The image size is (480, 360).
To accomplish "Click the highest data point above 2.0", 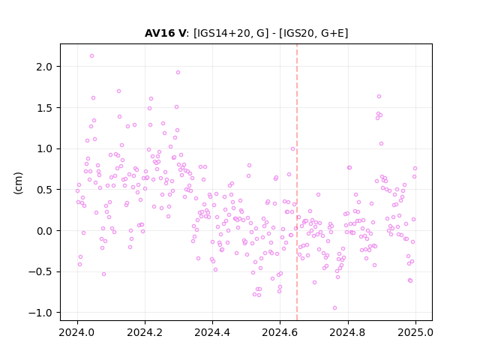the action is (91, 56).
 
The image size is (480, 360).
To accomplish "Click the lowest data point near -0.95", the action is (335, 308).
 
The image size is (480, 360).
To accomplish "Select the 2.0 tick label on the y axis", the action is (44, 67).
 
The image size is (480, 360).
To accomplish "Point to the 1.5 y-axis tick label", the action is (44, 108).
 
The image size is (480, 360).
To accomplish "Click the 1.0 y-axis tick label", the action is (44, 149).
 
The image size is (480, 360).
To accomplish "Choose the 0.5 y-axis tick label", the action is (44, 190).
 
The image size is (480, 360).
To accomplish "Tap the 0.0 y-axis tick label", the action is (44, 231).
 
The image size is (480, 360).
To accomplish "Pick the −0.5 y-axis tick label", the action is (40, 272).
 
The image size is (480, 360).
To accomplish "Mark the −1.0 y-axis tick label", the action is (40, 313).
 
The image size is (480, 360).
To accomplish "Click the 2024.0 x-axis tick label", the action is (77, 332).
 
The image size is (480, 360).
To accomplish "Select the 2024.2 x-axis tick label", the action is (145, 332).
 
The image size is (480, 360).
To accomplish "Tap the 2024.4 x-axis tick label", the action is (212, 332).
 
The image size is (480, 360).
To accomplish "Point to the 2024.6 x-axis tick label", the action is (280, 332).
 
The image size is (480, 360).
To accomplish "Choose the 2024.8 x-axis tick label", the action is (348, 332).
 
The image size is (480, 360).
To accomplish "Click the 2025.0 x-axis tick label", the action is (415, 332).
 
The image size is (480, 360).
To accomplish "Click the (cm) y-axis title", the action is (18, 183).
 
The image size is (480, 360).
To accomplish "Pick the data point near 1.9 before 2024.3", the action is (178, 73).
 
